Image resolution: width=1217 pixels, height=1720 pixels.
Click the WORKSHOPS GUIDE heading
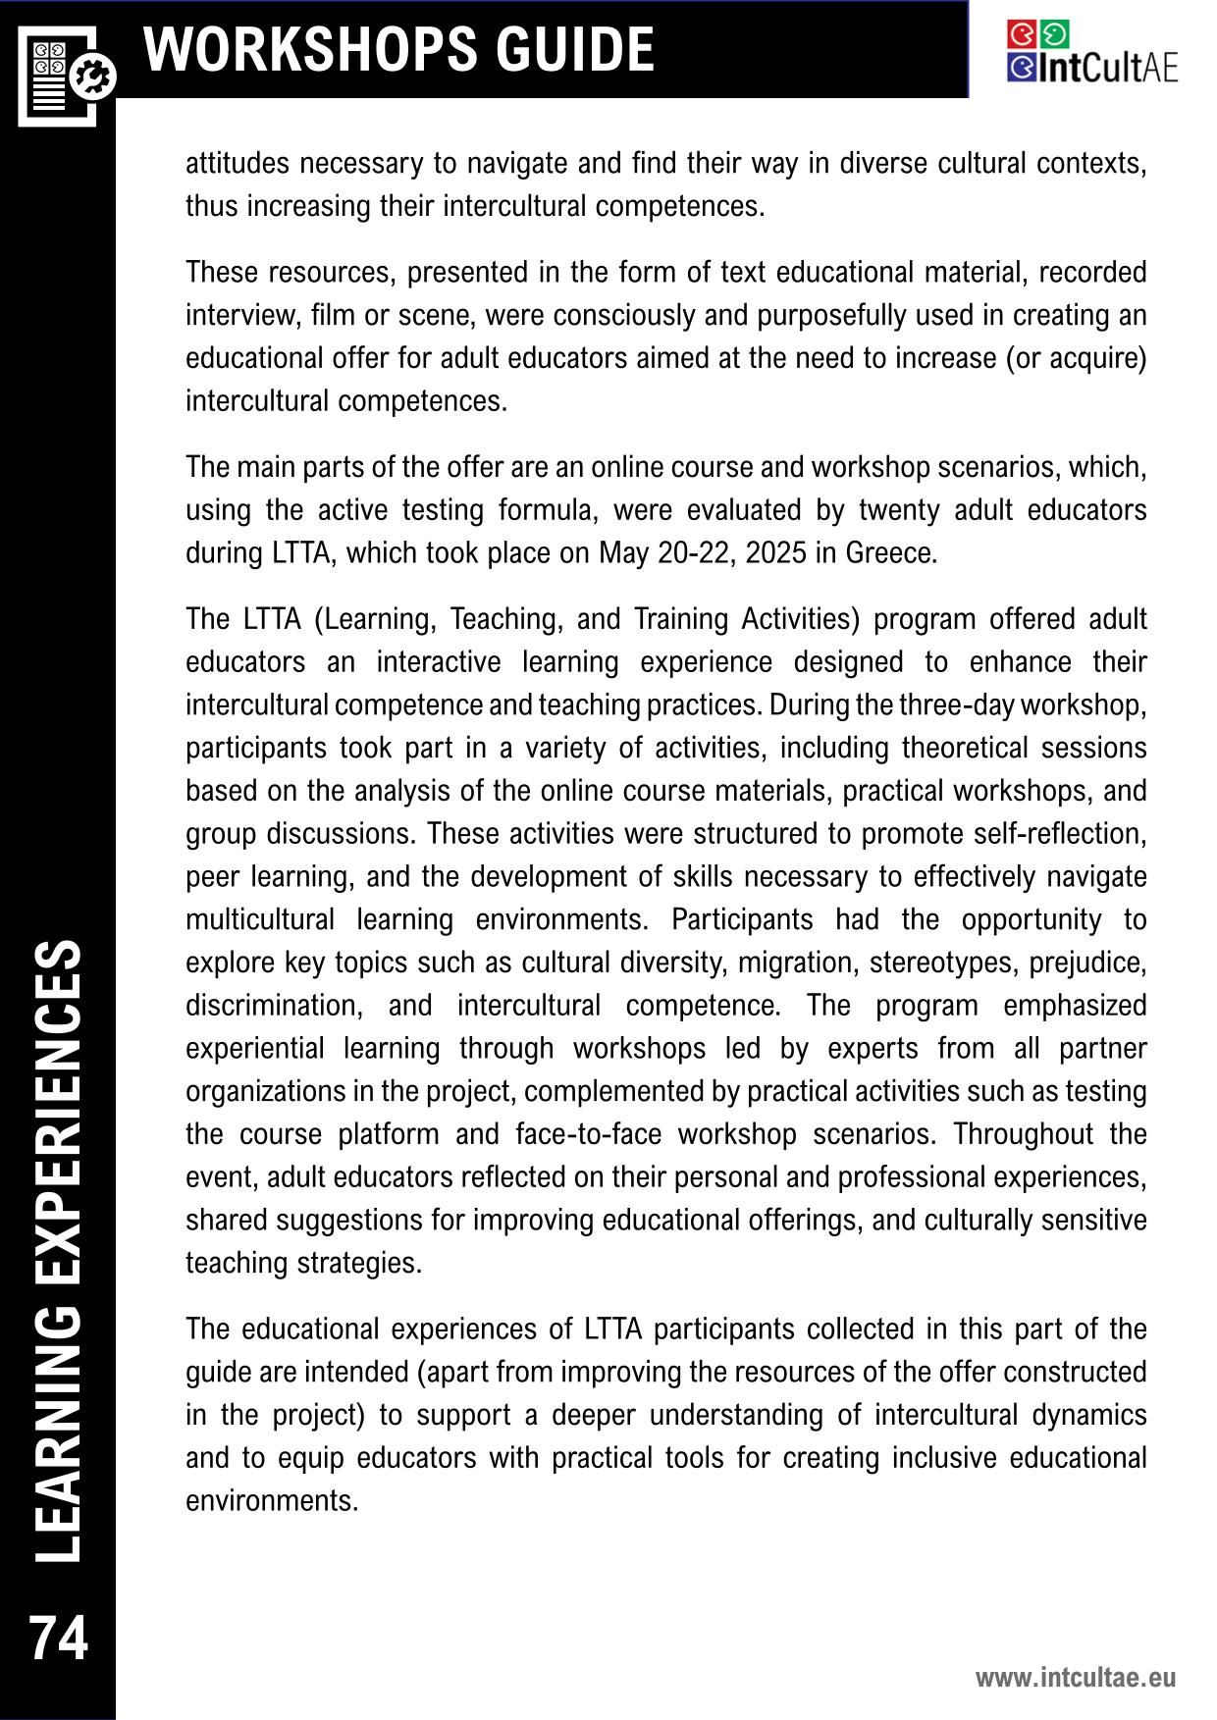(x=398, y=49)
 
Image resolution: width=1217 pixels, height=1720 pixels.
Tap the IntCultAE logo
(x=1091, y=53)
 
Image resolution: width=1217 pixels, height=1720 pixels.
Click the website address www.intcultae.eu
(x=1075, y=1677)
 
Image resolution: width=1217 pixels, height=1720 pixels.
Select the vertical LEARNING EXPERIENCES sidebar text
(x=58, y=1252)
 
